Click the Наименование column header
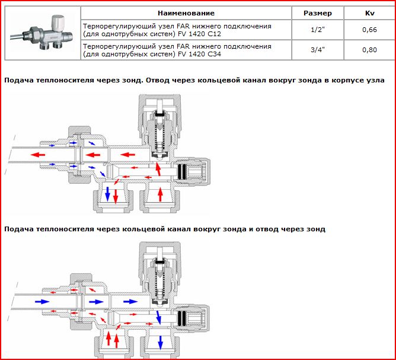pos(186,13)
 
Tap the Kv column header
pos(369,13)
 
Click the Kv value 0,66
pos(369,30)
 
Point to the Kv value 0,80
pos(369,50)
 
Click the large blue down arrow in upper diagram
pos(108,193)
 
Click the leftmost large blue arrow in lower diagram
pos(43,302)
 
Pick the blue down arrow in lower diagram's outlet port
pos(159,342)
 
